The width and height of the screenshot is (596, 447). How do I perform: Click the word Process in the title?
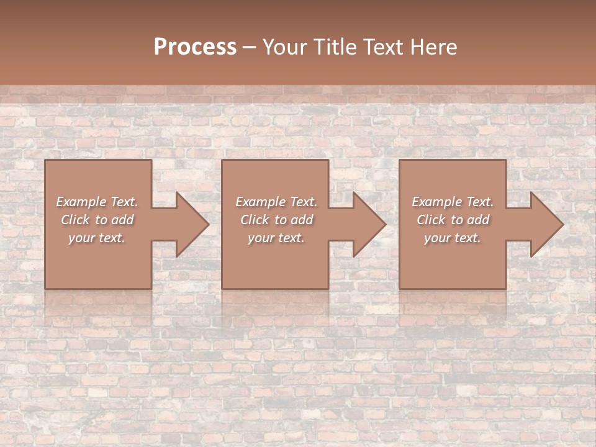(x=195, y=47)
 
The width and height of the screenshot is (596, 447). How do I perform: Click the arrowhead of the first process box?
(x=190, y=224)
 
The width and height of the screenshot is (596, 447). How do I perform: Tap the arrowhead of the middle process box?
(x=367, y=224)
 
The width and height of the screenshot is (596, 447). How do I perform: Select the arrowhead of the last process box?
(x=544, y=224)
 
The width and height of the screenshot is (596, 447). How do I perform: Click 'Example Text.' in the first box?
(x=97, y=202)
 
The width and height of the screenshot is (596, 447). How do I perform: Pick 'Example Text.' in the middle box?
(x=276, y=202)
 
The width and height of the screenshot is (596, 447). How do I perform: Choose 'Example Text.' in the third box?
(x=453, y=202)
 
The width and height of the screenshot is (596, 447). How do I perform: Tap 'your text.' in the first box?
(x=97, y=238)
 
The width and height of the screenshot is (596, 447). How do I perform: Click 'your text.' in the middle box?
(x=276, y=238)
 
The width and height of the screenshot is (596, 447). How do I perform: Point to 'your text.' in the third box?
(x=453, y=238)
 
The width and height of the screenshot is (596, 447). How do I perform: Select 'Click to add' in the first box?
(x=97, y=220)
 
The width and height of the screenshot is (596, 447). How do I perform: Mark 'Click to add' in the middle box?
(x=276, y=220)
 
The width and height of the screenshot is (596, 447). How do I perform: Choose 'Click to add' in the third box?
(x=453, y=220)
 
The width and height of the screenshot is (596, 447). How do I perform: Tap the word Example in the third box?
(x=436, y=202)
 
